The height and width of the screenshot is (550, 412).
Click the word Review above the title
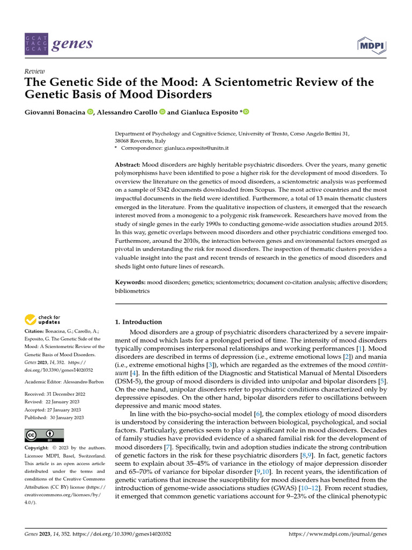(x=35, y=71)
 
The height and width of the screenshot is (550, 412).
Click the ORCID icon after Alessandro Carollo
(x=162, y=112)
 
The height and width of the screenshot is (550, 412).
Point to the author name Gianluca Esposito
(x=209, y=112)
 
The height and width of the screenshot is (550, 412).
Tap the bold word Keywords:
(x=130, y=281)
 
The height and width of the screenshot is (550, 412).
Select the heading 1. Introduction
(x=139, y=322)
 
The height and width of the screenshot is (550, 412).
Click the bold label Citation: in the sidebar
(x=36, y=331)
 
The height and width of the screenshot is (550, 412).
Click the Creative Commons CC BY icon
(x=44, y=435)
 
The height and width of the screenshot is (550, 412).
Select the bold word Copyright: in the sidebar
(x=39, y=447)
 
